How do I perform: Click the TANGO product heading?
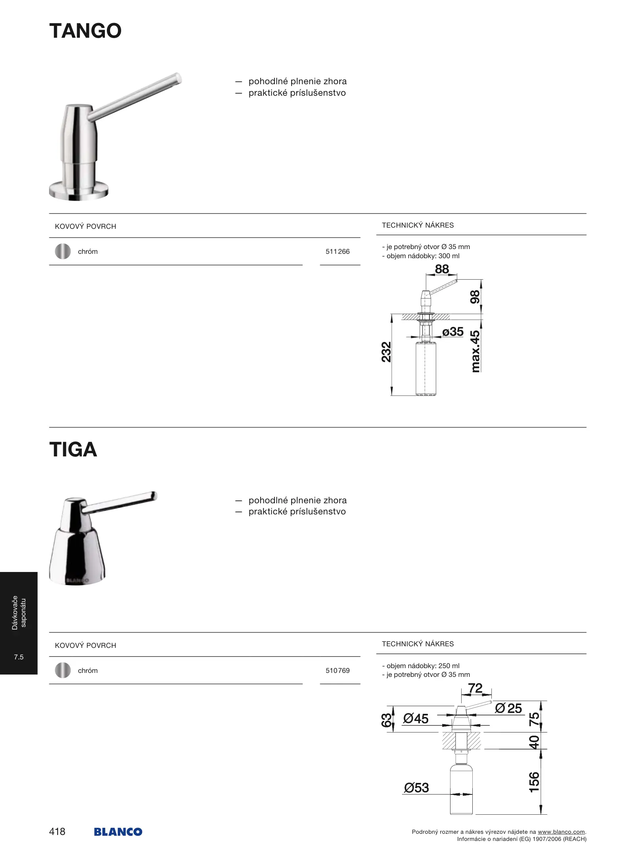coord(85,31)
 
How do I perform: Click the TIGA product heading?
coord(73,450)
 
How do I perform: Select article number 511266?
coord(337,251)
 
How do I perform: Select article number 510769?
coord(337,671)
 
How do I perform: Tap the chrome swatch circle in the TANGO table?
coord(63,251)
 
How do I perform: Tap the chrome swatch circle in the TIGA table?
coord(63,671)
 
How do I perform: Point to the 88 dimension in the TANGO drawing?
coord(442,269)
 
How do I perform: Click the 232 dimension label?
coord(386,352)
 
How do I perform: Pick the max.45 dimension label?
coord(475,352)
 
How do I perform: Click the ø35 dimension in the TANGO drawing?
coord(453,332)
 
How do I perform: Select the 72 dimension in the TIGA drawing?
coord(475,688)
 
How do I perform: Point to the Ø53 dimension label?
coord(416,788)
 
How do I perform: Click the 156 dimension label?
coord(534,782)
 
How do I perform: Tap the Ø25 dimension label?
coord(508,708)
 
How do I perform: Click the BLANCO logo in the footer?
coord(118,832)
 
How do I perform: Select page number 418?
coord(57,831)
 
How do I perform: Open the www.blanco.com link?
coord(561,832)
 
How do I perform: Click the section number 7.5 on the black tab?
coord(19,657)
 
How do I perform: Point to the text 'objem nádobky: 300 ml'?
coord(423,256)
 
